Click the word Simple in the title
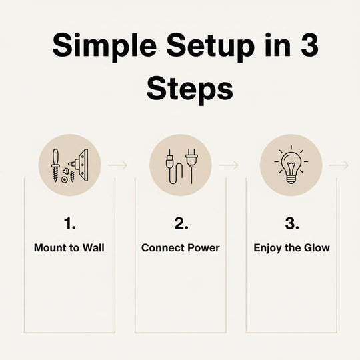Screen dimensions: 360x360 coord(105,47)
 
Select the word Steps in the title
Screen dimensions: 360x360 coord(190,89)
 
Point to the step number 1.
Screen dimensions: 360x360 coord(69,223)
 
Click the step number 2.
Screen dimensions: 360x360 coord(181,223)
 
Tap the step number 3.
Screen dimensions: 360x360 coord(292,223)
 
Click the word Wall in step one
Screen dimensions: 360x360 coord(93,248)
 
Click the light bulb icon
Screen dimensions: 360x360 coord(291,165)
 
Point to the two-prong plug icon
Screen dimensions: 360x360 coord(191,166)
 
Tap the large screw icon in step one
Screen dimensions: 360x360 coord(55,165)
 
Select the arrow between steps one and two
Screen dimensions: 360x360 coord(117,165)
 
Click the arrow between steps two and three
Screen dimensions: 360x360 coord(229,165)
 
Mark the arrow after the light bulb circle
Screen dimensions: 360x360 coord(339,165)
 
